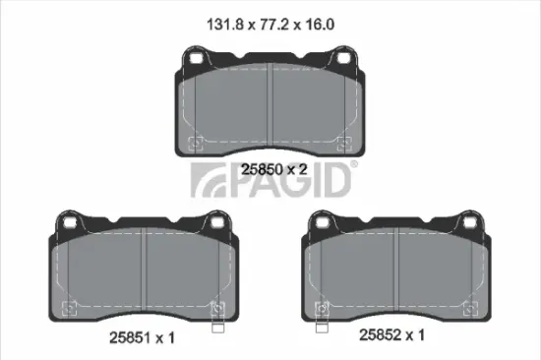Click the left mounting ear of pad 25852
(323, 224)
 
